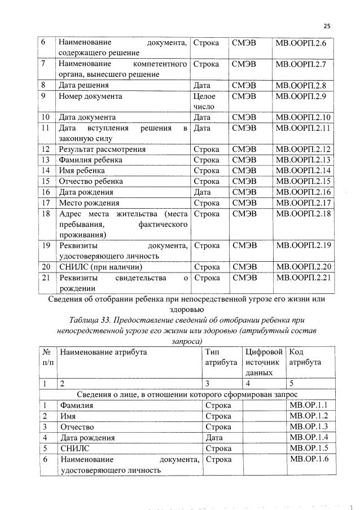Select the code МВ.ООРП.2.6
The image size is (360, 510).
(304, 43)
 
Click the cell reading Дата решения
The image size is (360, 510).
(84, 85)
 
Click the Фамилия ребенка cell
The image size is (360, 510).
(91, 160)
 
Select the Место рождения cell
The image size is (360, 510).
(89, 203)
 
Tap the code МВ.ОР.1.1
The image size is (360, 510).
(308, 405)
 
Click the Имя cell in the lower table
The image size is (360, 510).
(68, 416)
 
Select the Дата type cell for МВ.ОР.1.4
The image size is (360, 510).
(214, 437)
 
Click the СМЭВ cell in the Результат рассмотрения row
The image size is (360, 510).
(244, 150)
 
